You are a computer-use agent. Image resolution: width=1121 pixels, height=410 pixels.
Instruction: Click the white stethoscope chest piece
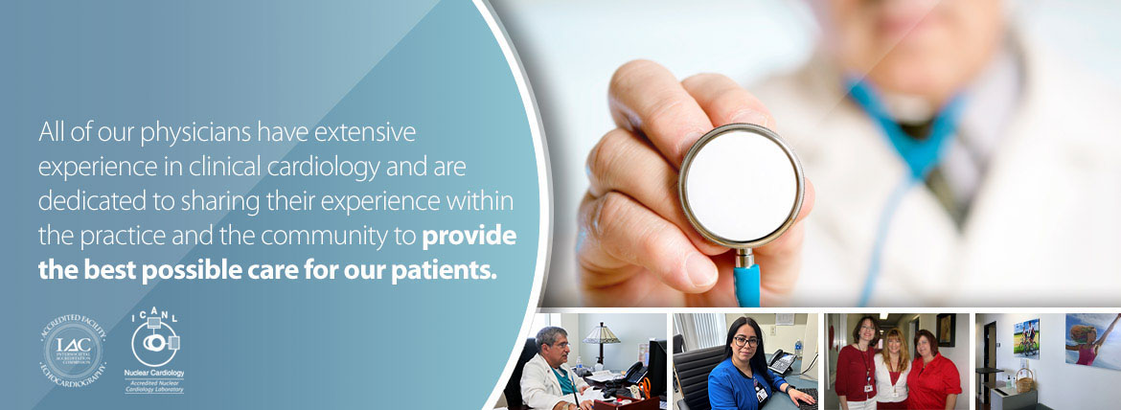(742, 186)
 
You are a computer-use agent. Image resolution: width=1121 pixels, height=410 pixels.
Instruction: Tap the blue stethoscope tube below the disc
(746, 284)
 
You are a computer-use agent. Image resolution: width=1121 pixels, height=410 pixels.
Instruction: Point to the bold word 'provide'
(469, 236)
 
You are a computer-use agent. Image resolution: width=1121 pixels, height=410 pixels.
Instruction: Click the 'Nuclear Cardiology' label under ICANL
(154, 372)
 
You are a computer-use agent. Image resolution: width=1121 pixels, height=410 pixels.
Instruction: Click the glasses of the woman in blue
(745, 340)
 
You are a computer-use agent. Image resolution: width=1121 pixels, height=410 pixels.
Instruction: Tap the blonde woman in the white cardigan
(892, 369)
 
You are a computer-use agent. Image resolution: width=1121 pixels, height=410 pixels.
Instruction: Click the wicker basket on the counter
(1024, 383)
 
